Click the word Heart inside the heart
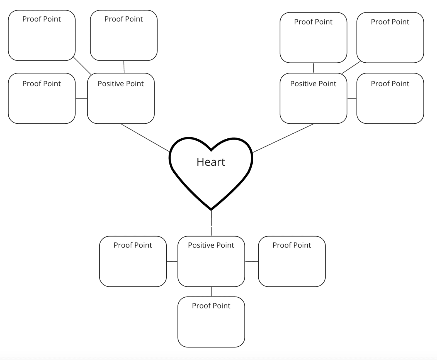coord(211,162)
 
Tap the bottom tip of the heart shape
coord(211,209)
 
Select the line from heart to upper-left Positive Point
coord(145,138)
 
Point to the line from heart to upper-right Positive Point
coord(283,138)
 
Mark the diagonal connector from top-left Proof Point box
coord(82,66)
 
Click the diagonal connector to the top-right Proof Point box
coord(351,67)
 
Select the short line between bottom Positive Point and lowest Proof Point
coord(211,292)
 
